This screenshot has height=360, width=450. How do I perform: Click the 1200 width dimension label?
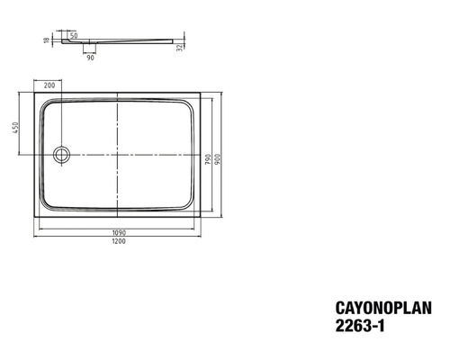[x=119, y=241]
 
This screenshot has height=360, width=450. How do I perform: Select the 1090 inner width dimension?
[x=119, y=232]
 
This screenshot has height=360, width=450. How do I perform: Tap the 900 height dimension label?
[x=218, y=159]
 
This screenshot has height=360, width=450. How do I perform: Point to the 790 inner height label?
[x=209, y=159]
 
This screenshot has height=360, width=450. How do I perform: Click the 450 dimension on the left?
[x=15, y=128]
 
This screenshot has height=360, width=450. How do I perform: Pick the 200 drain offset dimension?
[x=49, y=85]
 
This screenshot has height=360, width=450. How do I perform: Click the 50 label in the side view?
[x=74, y=36]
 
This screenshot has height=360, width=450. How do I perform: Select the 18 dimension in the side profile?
[x=47, y=40]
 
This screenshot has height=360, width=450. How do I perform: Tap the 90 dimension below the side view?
[x=90, y=58]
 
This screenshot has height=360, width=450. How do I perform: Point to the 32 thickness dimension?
[x=179, y=48]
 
